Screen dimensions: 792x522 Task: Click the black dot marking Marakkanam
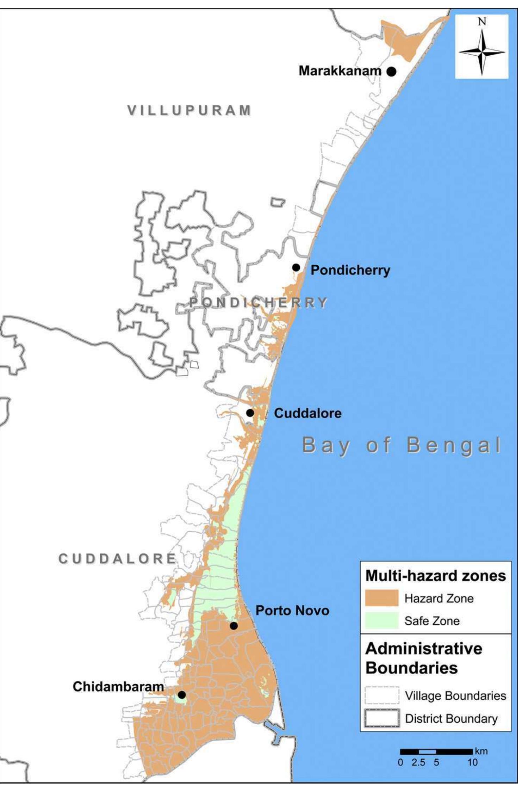pyautogui.click(x=391, y=72)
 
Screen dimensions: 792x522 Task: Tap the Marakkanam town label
pyautogui.click(x=340, y=71)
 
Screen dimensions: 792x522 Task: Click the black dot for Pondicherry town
pyautogui.click(x=296, y=268)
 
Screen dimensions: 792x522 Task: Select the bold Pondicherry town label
pyautogui.click(x=350, y=270)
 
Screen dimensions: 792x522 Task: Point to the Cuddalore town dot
pyautogui.click(x=250, y=413)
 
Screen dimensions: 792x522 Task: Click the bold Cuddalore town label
pyautogui.click(x=307, y=413)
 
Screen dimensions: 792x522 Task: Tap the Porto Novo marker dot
pyautogui.click(x=234, y=626)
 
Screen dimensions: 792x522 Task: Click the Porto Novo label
pyautogui.click(x=292, y=610)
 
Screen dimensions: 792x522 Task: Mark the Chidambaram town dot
pyautogui.click(x=182, y=695)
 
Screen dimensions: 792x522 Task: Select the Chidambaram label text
pyautogui.click(x=118, y=686)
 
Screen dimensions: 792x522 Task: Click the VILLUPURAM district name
pyautogui.click(x=189, y=110)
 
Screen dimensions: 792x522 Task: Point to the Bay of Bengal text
pyautogui.click(x=402, y=445)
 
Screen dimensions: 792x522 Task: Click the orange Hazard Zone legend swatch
pyautogui.click(x=381, y=598)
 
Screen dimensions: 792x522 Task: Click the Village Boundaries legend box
pyautogui.click(x=382, y=695)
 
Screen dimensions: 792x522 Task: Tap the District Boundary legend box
pyautogui.click(x=382, y=718)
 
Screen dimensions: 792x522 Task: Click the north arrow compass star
pyautogui.click(x=481, y=52)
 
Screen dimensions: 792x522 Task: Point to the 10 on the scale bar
pyautogui.click(x=472, y=762)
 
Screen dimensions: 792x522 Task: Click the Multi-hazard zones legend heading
pyautogui.click(x=435, y=576)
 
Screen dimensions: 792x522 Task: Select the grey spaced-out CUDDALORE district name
pyautogui.click(x=117, y=559)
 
